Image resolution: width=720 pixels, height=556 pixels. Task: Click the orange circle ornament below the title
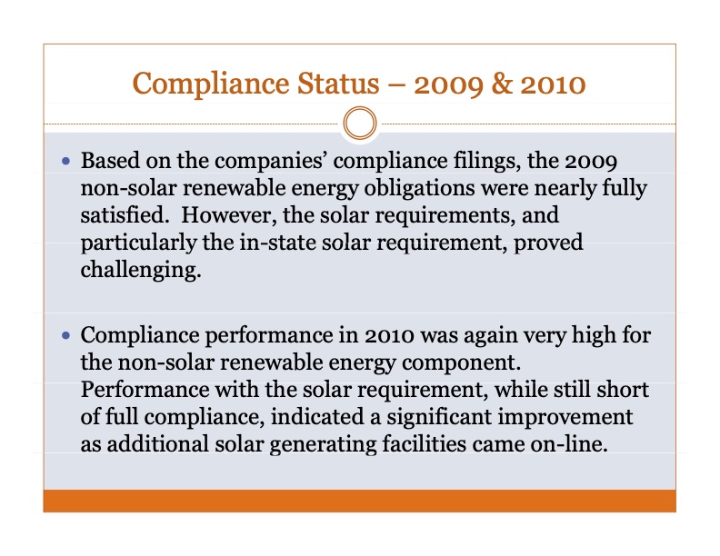[361, 121]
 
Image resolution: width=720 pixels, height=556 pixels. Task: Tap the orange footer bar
[359, 501]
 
